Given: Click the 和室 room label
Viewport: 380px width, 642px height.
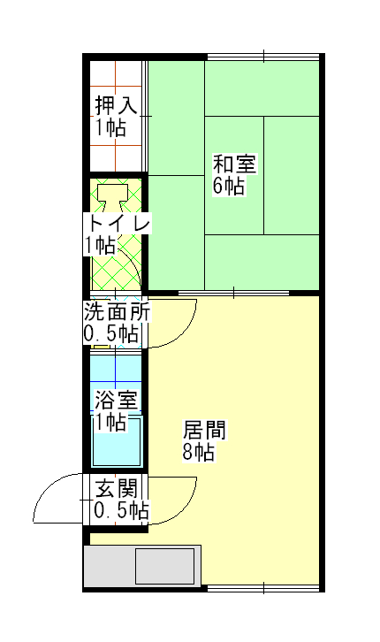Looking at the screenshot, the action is (234, 164).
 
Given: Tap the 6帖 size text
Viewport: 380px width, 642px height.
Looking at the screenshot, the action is (228, 186).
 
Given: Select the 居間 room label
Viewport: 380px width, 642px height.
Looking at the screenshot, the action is (204, 431).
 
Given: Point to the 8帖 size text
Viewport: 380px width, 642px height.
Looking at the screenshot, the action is (198, 452).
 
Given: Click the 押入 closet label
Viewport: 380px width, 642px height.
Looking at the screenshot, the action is (117, 105).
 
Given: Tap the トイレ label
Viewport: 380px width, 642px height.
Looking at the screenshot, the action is (118, 224).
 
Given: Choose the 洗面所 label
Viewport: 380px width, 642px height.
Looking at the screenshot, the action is (117, 313).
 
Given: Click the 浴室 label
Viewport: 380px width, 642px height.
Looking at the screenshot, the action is (117, 400).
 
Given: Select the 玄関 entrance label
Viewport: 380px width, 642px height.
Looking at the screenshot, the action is (117, 489).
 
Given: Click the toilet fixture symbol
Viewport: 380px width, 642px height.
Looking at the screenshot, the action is (112, 197).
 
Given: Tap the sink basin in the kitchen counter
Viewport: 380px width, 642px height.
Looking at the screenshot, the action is (165, 566).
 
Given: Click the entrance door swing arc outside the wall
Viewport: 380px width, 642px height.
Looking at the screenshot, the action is (46, 487).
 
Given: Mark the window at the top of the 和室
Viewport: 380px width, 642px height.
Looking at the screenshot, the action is (263, 57).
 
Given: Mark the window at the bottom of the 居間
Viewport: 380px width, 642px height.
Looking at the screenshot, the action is (263, 588).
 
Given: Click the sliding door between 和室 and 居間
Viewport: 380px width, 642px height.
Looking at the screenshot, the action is (233, 293).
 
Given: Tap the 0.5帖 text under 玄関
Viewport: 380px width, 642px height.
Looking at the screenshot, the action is (121, 510).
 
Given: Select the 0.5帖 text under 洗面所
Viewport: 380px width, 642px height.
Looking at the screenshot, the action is (111, 333).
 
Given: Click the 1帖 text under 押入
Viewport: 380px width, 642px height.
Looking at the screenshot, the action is (110, 127).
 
